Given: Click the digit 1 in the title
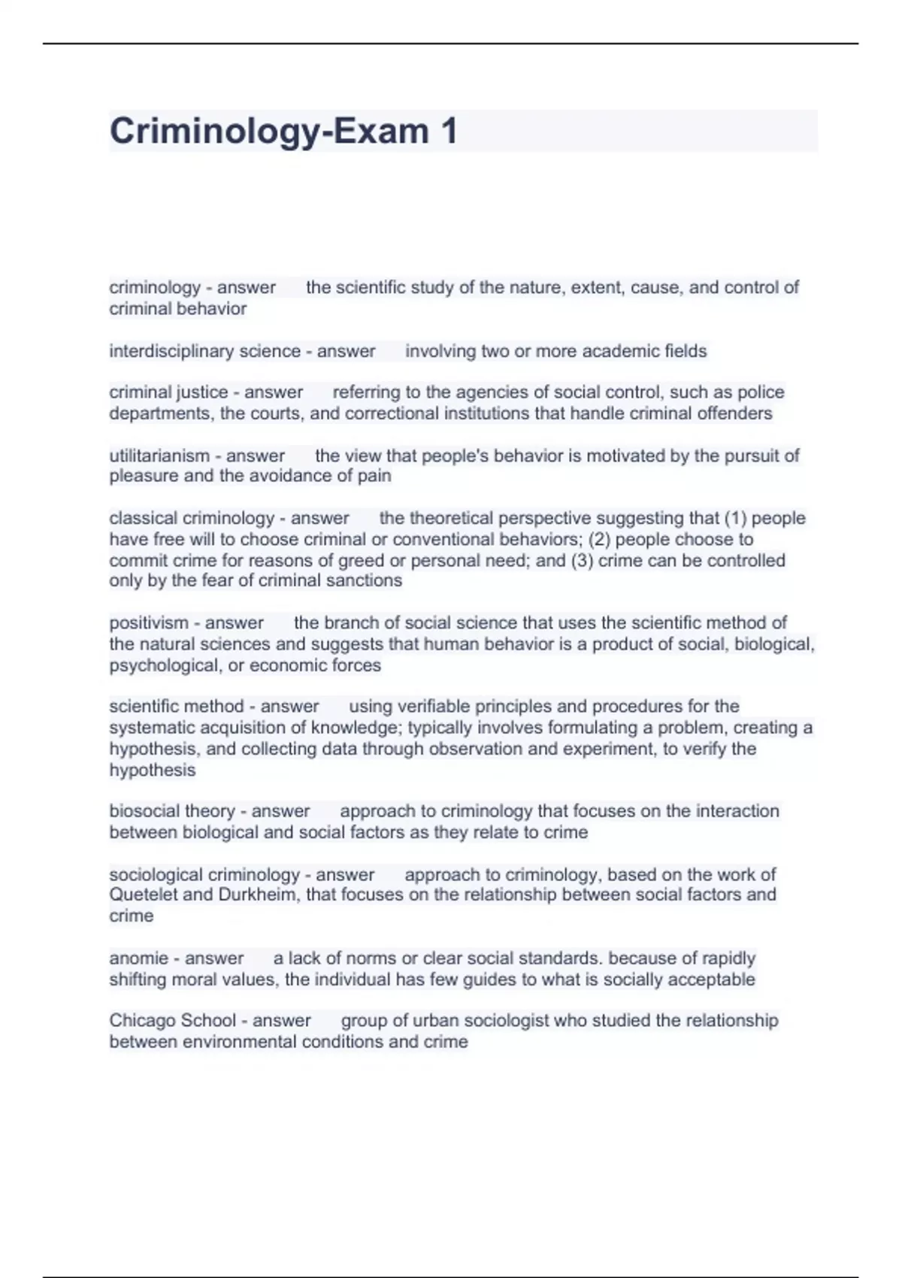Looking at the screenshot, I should [x=449, y=132].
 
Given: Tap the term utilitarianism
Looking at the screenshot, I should [x=159, y=456].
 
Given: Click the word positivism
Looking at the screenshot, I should [x=149, y=623].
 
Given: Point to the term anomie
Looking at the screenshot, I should [x=138, y=958].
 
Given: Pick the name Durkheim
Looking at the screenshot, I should [x=258, y=895].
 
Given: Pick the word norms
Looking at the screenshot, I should [x=373, y=958].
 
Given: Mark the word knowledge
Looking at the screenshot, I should [x=356, y=728].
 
